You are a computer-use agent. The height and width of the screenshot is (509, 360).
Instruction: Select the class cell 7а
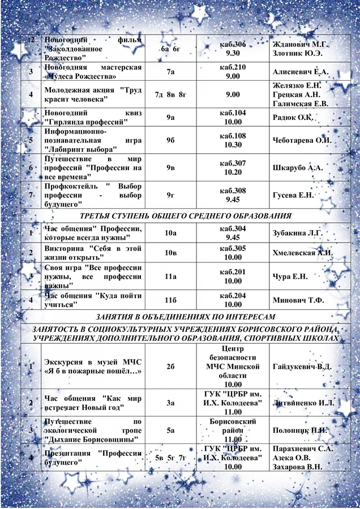click(170, 72)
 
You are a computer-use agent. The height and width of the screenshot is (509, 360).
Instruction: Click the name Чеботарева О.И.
click(302, 140)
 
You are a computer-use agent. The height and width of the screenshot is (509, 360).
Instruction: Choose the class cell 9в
click(170, 168)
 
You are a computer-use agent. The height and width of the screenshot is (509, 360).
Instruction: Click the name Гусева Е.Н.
click(293, 195)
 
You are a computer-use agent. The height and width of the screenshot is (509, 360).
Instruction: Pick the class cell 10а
click(170, 232)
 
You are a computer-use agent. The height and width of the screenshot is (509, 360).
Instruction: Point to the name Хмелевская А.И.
click(302, 253)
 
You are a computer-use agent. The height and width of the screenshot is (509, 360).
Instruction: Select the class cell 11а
click(170, 276)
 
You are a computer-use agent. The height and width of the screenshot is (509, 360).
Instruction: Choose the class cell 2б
click(170, 367)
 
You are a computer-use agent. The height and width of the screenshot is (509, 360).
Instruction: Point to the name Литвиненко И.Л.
click(303, 403)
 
